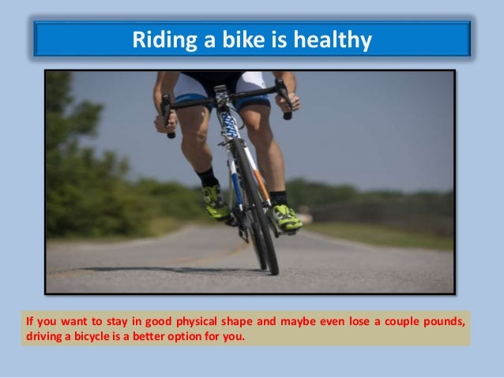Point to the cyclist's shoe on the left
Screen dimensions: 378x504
pyautogui.click(x=215, y=202)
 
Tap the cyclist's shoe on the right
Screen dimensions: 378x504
pyautogui.click(x=285, y=216)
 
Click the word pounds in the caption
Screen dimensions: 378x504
pyautogui.click(x=442, y=324)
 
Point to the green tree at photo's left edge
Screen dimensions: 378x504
pyautogui.click(x=67, y=158)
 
